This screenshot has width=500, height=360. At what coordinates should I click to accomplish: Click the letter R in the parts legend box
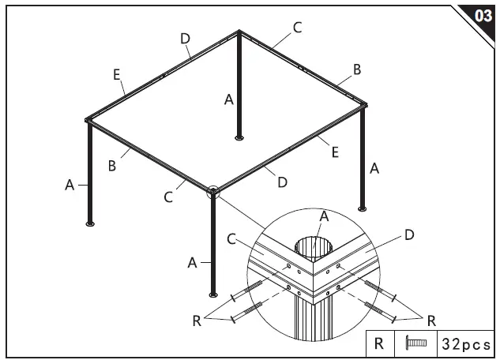tap(379, 343)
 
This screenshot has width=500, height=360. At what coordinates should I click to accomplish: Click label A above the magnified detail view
tap(324, 216)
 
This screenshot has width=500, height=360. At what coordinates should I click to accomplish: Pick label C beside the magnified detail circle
tap(231, 238)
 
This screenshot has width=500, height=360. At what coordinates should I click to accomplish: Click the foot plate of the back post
tap(239, 138)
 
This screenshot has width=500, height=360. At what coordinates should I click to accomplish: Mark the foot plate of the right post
tap(363, 209)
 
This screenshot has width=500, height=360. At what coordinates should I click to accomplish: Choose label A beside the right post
tap(374, 167)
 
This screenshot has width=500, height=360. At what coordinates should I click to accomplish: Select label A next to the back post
tap(228, 99)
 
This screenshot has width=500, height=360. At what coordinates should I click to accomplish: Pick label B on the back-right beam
tap(357, 69)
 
